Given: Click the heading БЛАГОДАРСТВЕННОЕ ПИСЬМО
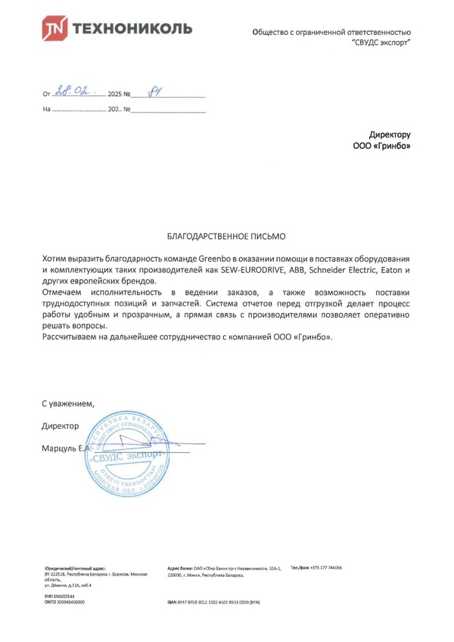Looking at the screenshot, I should click(226, 237).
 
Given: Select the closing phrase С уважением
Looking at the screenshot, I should click(68, 405).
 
